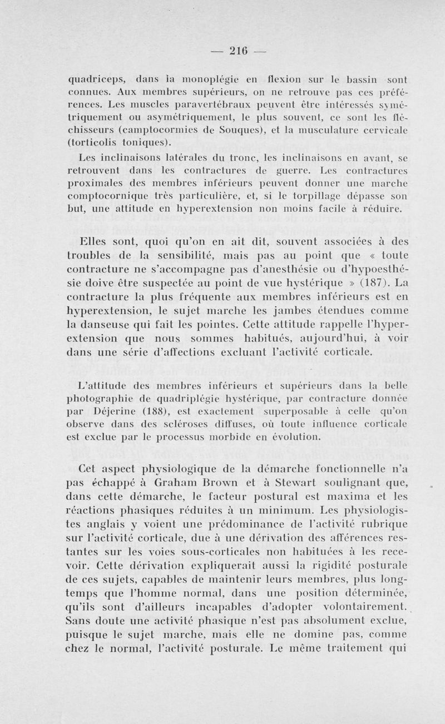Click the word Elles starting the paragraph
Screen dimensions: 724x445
click(98, 242)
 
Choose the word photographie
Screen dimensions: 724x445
click(98, 398)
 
